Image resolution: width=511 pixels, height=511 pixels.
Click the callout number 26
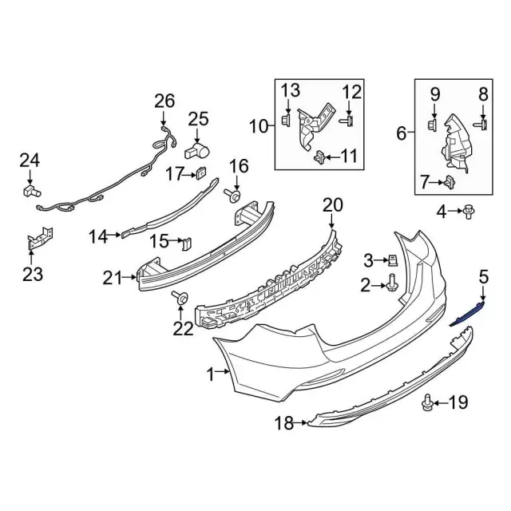(x=164, y=101)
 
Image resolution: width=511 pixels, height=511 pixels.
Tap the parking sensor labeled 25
(x=197, y=150)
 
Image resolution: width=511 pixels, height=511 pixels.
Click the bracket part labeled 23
(x=38, y=239)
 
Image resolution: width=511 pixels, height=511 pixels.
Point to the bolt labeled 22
(x=180, y=299)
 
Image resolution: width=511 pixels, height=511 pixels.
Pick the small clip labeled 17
(x=201, y=173)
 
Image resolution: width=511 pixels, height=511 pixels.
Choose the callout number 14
(x=97, y=236)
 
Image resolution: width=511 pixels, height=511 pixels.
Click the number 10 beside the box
(x=259, y=125)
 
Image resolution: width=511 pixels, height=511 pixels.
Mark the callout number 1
(x=212, y=373)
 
